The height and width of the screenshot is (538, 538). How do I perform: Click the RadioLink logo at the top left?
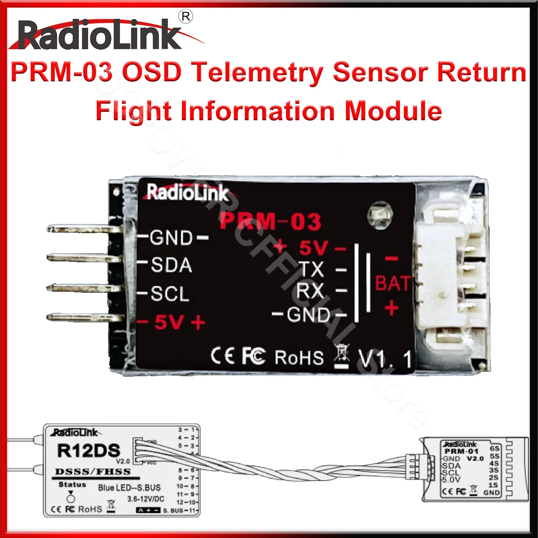coord(100,35)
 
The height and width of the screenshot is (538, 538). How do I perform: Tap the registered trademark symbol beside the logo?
coord(186,17)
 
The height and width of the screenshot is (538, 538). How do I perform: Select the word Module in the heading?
coord(393,111)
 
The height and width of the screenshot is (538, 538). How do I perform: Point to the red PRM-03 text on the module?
coord(270,221)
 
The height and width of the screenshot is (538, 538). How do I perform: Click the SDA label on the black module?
coord(171,265)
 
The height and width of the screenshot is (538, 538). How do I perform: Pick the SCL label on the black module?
coord(170,294)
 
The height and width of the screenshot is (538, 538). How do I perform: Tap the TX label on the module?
coord(312,269)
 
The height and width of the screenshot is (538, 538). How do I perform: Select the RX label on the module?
coord(310,291)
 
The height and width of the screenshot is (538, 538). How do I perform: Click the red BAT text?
coord(392,284)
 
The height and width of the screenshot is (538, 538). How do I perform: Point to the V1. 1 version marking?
coord(385,360)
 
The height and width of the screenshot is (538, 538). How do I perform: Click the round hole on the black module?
coord(380,214)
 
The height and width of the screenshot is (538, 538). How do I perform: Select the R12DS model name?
coord(88,451)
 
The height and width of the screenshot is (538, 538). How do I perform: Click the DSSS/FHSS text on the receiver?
coord(93,472)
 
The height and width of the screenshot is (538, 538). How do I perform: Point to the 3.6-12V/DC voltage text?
coord(146,499)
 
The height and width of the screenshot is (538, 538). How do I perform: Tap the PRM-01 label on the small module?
coord(461,451)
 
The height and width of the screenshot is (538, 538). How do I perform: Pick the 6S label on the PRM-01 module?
coord(495,448)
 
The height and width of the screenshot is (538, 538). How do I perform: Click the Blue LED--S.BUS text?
coord(129,488)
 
